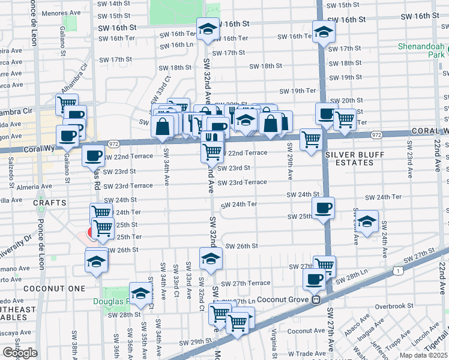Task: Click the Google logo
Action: (x=19, y=352)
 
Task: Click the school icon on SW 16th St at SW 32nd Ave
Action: (x=208, y=29)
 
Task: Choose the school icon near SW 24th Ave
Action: (x=367, y=221)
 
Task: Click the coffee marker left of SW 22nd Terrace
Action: (x=92, y=156)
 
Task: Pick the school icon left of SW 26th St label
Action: (x=211, y=259)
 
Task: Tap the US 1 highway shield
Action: (x=398, y=271)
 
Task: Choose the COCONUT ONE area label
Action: (x=46, y=289)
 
